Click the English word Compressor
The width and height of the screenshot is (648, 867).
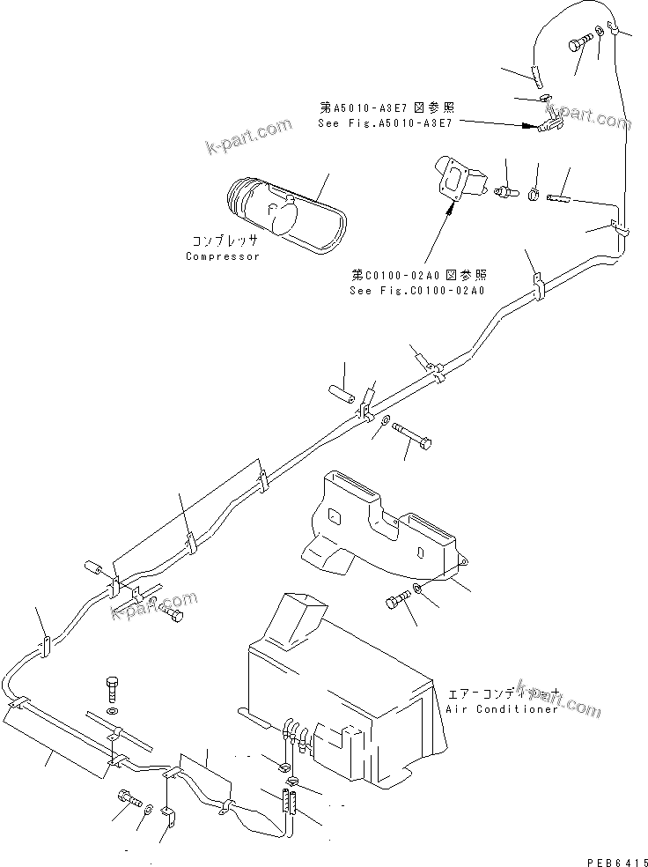[x=223, y=256]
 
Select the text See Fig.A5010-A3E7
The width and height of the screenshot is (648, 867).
[x=385, y=123]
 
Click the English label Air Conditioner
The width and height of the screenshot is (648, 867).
[x=502, y=709]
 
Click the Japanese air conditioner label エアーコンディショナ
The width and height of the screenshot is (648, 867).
[x=501, y=693]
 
